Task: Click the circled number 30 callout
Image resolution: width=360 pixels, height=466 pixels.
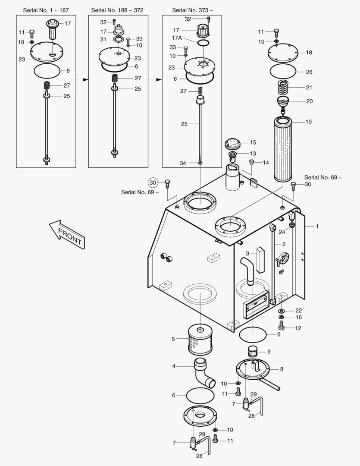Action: (x=154, y=183)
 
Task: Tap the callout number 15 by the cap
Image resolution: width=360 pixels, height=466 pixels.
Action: (x=253, y=142)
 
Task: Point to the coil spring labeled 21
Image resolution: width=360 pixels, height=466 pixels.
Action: (x=283, y=88)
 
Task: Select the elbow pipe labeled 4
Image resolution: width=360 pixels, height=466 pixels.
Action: (x=203, y=372)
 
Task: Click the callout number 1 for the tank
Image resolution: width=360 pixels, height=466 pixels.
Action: (x=317, y=226)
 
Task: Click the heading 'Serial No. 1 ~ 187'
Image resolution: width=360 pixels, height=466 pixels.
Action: (x=45, y=10)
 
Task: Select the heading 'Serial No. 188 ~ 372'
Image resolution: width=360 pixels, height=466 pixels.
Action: (x=117, y=10)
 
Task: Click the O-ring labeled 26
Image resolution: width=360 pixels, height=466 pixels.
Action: (x=283, y=72)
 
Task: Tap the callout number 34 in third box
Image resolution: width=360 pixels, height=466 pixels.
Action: (x=182, y=163)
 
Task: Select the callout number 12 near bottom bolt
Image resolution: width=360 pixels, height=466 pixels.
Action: (x=298, y=328)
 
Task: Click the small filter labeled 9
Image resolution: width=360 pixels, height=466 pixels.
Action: (x=254, y=352)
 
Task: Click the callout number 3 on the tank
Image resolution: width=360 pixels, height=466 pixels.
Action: (x=247, y=253)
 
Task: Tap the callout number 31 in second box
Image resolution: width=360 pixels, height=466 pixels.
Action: (x=103, y=39)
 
